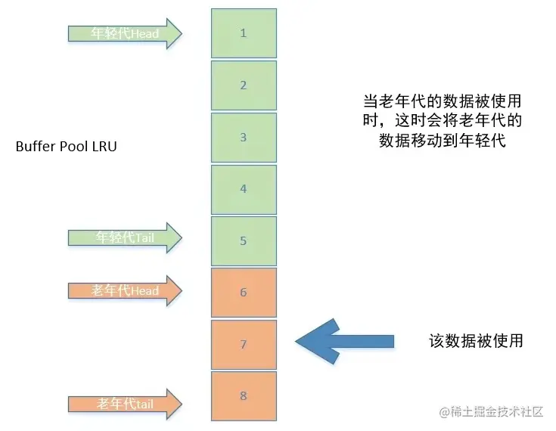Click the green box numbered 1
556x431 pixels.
(x=244, y=33)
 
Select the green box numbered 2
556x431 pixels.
(x=244, y=85)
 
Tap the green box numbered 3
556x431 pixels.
(x=244, y=138)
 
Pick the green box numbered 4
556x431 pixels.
(x=244, y=189)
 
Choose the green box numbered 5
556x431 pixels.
(x=244, y=241)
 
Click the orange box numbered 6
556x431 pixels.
(x=244, y=293)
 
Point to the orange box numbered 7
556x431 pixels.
(x=244, y=345)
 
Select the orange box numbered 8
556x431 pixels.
(x=244, y=396)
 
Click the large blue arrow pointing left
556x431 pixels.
(x=344, y=341)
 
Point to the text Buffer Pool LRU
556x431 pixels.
(x=67, y=147)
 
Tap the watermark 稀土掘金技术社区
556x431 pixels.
(x=492, y=412)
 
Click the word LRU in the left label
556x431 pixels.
(x=104, y=147)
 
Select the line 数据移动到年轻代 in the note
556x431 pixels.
(x=442, y=141)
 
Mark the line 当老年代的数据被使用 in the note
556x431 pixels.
(x=442, y=101)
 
